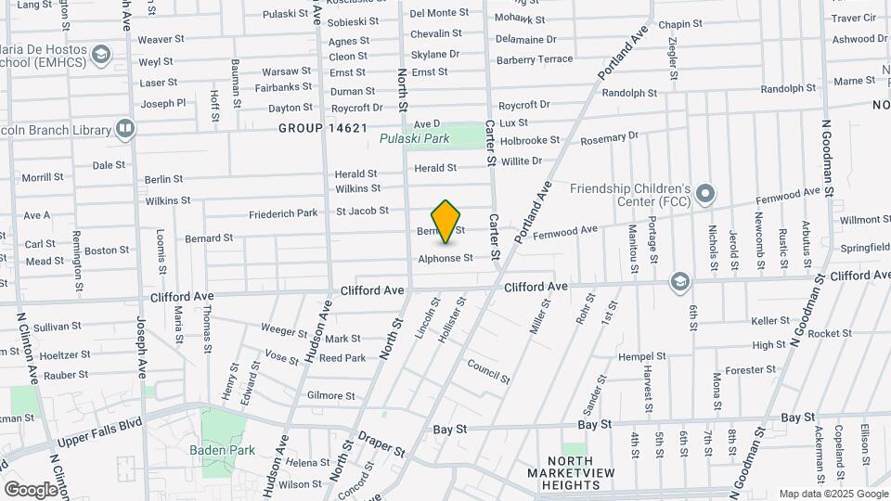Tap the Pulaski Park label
tap(414, 139)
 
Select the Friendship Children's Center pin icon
tap(705, 194)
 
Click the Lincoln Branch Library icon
tap(124, 127)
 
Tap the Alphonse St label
tap(445, 258)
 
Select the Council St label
tap(488, 371)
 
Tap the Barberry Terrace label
tap(535, 58)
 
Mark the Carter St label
tap(494, 238)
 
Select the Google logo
tap(31, 489)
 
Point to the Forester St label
tap(750, 369)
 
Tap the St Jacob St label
tap(362, 211)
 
